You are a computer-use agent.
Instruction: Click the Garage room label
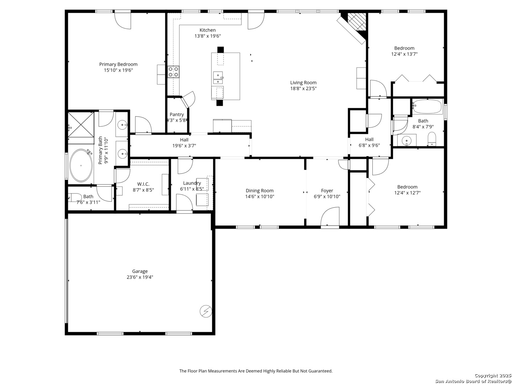pyautogui.click(x=140, y=271)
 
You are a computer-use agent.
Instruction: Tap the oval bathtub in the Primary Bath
pyautogui.click(x=81, y=166)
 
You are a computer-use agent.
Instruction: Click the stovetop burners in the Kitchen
pyautogui.click(x=174, y=72)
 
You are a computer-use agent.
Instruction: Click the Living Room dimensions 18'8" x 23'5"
pyautogui.click(x=303, y=89)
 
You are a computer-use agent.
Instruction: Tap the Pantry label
pyautogui.click(x=177, y=114)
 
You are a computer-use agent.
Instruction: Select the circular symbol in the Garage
pyautogui.click(x=206, y=311)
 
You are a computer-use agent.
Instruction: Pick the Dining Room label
pyautogui.click(x=260, y=191)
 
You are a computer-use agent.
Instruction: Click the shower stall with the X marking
pyautogui.click(x=81, y=124)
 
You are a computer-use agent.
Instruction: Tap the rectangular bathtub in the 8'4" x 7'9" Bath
pyautogui.click(x=427, y=106)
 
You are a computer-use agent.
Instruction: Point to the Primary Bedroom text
pyautogui.click(x=118, y=64)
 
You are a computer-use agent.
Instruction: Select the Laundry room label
pyautogui.click(x=192, y=183)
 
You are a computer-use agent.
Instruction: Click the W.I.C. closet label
pyautogui.click(x=143, y=184)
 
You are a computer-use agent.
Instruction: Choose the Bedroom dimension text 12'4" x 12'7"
pyautogui.click(x=407, y=193)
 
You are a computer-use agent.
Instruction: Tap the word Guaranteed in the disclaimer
pyautogui.click(x=319, y=371)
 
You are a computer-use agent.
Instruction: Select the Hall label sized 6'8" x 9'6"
pyautogui.click(x=369, y=139)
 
